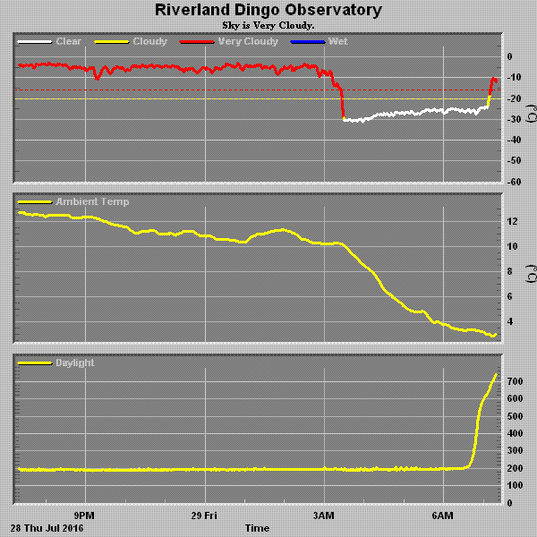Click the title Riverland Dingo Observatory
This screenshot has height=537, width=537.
point(268,11)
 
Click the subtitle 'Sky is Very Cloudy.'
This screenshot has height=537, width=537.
point(268,25)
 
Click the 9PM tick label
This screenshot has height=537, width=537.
point(86,516)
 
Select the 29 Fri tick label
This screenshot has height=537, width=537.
point(205,516)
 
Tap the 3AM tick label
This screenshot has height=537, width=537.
point(324,516)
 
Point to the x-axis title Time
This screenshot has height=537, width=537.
point(257,528)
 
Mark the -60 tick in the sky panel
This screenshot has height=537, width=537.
point(516,182)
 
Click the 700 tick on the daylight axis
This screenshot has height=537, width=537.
point(516,381)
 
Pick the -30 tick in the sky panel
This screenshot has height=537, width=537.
point(516,119)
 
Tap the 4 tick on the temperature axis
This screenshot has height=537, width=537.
point(509,321)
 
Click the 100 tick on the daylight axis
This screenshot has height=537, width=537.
point(516,485)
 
